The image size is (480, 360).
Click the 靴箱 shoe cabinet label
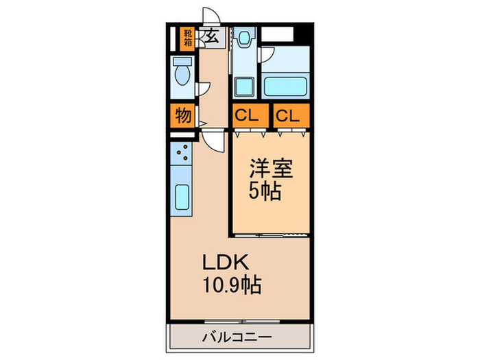click(x=187, y=38)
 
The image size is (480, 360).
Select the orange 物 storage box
click(x=183, y=115)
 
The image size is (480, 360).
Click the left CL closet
click(x=248, y=116)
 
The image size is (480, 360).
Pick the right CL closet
click(x=289, y=116)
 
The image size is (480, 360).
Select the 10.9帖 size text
click(x=230, y=284)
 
